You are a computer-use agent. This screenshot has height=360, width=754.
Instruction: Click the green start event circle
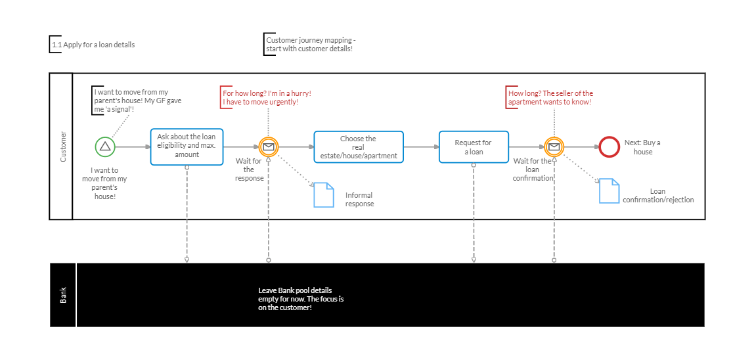pyautogui.click(x=105, y=147)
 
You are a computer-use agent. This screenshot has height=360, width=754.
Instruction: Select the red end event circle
pyautogui.click(x=609, y=147)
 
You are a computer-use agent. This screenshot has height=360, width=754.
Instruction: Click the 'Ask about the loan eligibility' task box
pyautogui.click(x=187, y=146)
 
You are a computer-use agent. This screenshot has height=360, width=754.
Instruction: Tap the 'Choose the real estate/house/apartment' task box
pyautogui.click(x=358, y=147)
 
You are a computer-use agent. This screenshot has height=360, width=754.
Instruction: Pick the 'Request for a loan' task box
pyautogui.click(x=473, y=147)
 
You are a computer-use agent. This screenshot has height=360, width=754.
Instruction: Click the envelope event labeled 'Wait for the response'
pyautogui.click(x=269, y=147)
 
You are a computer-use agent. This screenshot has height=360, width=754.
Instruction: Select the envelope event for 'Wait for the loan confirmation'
pyautogui.click(x=554, y=147)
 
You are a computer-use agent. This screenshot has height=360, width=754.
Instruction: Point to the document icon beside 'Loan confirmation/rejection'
pyautogui.click(x=609, y=191)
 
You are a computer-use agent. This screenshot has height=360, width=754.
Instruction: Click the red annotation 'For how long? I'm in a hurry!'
pyautogui.click(x=267, y=98)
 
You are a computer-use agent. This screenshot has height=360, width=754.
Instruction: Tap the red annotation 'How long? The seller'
pyautogui.click(x=550, y=98)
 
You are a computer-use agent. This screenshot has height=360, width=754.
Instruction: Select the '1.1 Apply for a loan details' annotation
pyautogui.click(x=93, y=45)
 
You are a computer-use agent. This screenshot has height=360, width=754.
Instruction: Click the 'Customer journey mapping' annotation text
pyautogui.click(x=310, y=45)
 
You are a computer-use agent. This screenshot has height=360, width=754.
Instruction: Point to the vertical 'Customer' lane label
pyautogui.click(x=63, y=146)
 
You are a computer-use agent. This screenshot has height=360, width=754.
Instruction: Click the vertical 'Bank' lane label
pyautogui.click(x=64, y=295)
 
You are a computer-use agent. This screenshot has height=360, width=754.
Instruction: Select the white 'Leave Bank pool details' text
pyautogui.click(x=301, y=299)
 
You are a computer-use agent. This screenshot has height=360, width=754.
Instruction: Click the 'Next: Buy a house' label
pyautogui.click(x=642, y=147)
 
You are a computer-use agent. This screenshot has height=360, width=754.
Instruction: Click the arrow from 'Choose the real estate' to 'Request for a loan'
pyautogui.click(x=421, y=147)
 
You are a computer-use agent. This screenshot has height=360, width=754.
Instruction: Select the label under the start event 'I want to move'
pyautogui.click(x=104, y=183)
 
